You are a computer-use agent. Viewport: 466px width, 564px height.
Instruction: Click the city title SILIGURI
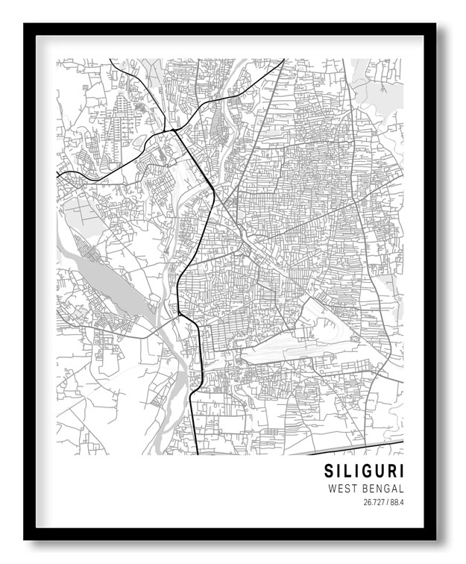pyautogui.click(x=363, y=471)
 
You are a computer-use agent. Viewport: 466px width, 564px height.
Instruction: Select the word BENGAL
pyautogui.click(x=382, y=489)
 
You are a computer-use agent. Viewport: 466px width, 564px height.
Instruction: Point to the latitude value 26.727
pyautogui.click(x=374, y=502)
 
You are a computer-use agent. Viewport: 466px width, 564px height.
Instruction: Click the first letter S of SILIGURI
pyautogui.click(x=329, y=471)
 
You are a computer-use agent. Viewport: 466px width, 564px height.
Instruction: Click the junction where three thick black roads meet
pyautogui.click(x=173, y=131)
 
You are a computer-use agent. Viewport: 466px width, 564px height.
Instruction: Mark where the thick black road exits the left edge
pyautogui.click(x=58, y=175)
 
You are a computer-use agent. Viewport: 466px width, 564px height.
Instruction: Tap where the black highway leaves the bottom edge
pyautogui.click(x=197, y=453)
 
